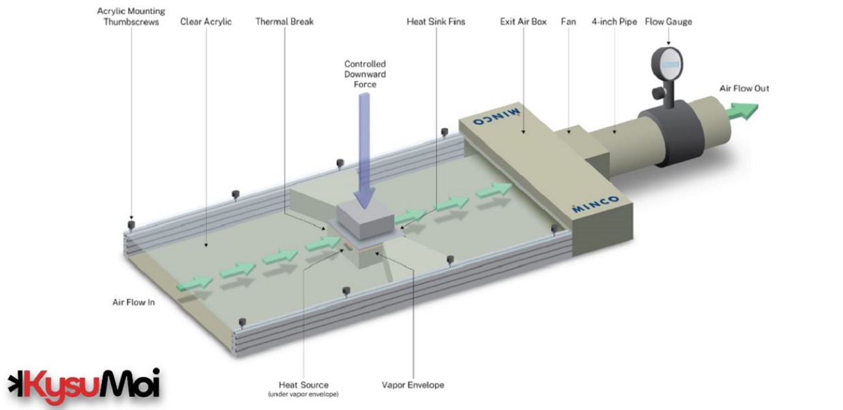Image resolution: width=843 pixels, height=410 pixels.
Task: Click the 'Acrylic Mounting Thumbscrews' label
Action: pyautogui.click(x=131, y=16)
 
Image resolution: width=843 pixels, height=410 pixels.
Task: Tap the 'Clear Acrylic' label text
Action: pyautogui.click(x=206, y=22)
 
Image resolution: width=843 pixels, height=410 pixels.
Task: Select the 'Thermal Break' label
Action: pyautogui.click(x=284, y=22)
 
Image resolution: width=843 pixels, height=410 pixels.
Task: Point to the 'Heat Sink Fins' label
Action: pyautogui.click(x=436, y=22)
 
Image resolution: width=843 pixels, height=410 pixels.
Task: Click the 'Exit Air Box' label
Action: pyautogui.click(x=523, y=22)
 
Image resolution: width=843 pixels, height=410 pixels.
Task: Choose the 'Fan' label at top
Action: pyautogui.click(x=568, y=22)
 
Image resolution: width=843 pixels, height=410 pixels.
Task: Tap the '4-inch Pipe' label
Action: pyautogui.click(x=615, y=22)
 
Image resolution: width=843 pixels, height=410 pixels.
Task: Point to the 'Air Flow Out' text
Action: pyautogui.click(x=744, y=89)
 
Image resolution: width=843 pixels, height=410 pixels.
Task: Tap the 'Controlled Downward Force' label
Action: pyautogui.click(x=364, y=74)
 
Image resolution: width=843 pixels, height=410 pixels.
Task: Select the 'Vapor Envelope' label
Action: pyautogui.click(x=413, y=385)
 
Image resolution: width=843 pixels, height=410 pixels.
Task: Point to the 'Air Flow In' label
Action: pyautogui.click(x=133, y=302)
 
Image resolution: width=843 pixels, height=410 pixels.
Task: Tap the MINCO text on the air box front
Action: pyautogui.click(x=595, y=203)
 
